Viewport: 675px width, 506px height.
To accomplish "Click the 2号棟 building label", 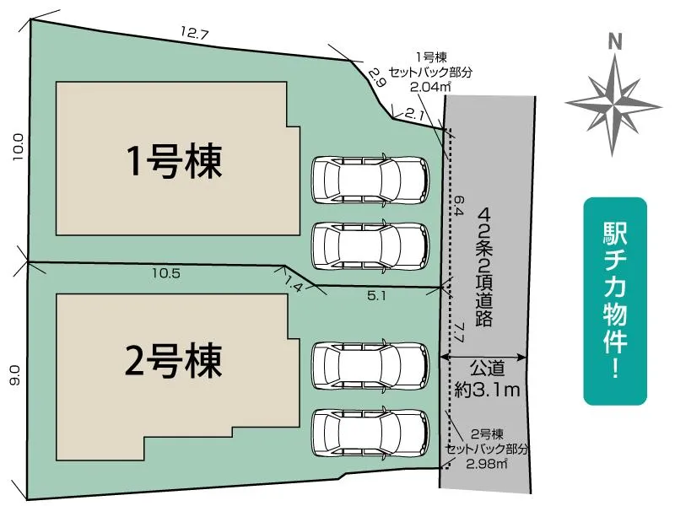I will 175,360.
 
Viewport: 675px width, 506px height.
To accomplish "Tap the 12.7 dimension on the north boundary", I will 193,34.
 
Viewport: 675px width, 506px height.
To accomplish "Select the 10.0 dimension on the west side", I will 18,148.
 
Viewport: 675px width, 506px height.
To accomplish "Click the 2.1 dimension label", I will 413,112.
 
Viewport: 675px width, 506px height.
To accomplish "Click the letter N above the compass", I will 615,41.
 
